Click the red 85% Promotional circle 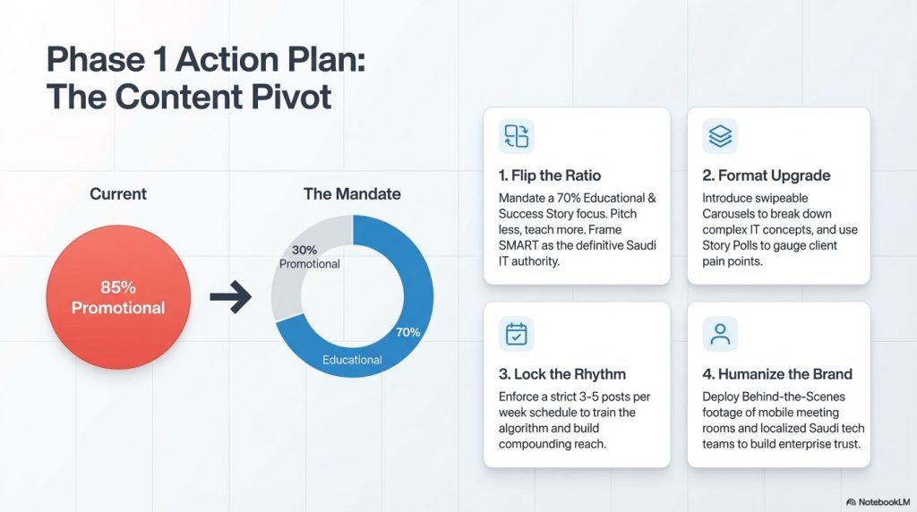click(x=118, y=297)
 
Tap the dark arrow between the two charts click(x=230, y=297)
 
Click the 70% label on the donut click(x=407, y=332)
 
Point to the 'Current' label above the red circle click(x=118, y=194)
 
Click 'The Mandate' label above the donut click(x=352, y=194)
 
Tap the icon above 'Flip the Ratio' click(x=517, y=136)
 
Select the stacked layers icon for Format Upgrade click(x=720, y=136)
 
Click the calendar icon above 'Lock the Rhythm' click(x=517, y=334)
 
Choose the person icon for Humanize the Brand click(x=720, y=334)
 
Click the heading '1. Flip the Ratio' click(x=550, y=175)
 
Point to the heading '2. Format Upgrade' click(x=767, y=175)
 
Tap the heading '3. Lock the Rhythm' click(x=562, y=374)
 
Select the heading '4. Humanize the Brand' click(x=777, y=374)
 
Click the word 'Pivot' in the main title click(x=293, y=97)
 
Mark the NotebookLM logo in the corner click(x=878, y=502)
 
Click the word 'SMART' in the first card click(x=518, y=245)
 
